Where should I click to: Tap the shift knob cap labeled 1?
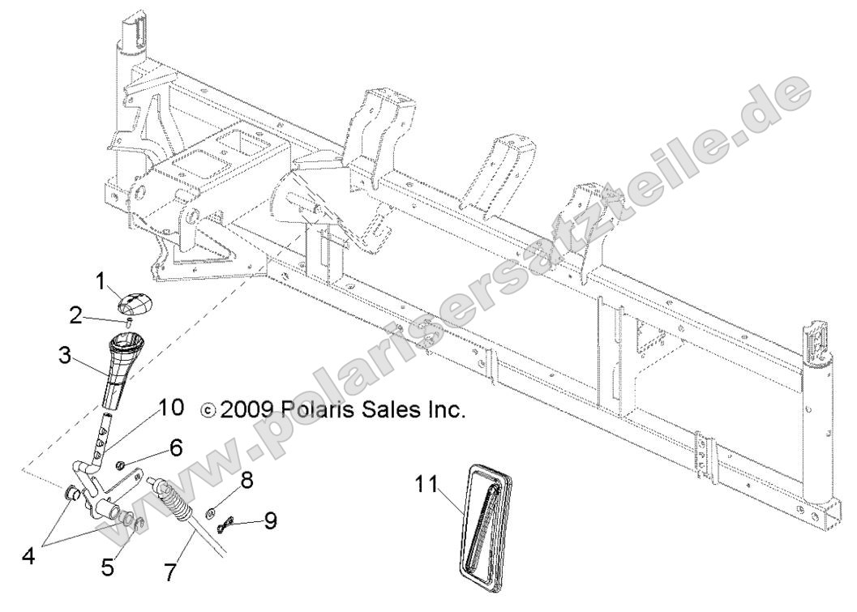134,305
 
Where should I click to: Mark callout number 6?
176,446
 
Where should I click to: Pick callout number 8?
245,480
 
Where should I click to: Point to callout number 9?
269,520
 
